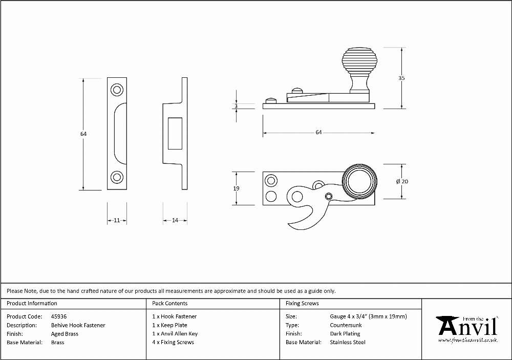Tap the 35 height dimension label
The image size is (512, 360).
click(401, 78)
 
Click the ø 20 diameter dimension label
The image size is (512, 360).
click(402, 181)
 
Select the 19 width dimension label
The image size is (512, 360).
click(236, 188)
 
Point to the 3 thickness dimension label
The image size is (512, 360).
click(236, 106)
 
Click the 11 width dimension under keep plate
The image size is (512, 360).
click(117, 220)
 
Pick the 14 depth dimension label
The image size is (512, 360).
click(175, 220)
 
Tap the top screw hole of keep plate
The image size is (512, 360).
click(117, 90)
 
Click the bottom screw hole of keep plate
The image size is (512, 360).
click(117, 177)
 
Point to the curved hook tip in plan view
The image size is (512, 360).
click(289, 224)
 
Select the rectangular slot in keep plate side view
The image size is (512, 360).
click(175, 133)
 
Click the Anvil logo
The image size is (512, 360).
click(467, 329)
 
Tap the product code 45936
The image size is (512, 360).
click(59, 316)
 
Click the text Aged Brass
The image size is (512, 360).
click(65, 334)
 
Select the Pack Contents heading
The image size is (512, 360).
click(170, 303)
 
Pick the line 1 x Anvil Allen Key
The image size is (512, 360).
click(175, 333)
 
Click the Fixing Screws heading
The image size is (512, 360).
click(302, 303)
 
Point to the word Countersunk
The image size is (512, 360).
click(346, 325)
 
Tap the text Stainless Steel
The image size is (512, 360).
click(348, 342)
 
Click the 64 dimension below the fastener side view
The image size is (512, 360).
click(318, 132)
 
